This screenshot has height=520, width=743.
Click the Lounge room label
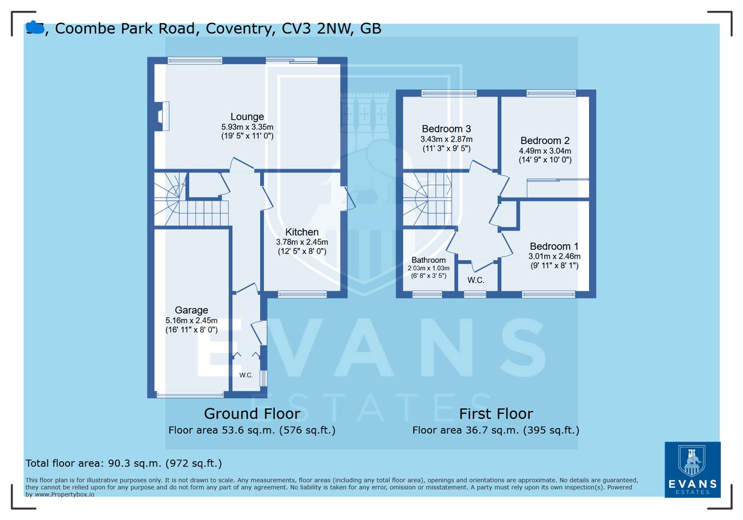pyautogui.click(x=247, y=117)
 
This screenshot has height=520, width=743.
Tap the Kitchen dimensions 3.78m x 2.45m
pyautogui.click(x=302, y=242)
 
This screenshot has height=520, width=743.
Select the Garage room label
pyautogui.click(x=191, y=311)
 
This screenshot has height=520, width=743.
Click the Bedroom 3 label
pyautogui.click(x=446, y=129)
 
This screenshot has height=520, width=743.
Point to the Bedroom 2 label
pyautogui.click(x=545, y=141)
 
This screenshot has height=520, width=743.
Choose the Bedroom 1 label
pyautogui.click(x=554, y=247)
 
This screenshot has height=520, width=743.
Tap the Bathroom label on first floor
pyautogui.click(x=428, y=260)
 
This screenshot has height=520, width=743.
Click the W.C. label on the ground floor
pyautogui.click(x=246, y=375)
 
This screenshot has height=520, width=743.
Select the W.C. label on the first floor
pyautogui.click(x=475, y=280)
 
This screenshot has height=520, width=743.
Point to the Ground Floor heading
pyautogui.click(x=252, y=414)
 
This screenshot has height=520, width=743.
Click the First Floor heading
pyautogui.click(x=496, y=414)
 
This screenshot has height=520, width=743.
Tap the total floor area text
pyautogui.click(x=124, y=463)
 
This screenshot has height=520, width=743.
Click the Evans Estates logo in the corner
pyautogui.click(x=692, y=469)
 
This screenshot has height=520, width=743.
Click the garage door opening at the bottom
pyautogui.click(x=191, y=395)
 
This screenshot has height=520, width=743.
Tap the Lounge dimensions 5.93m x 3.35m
pyautogui.click(x=247, y=127)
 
